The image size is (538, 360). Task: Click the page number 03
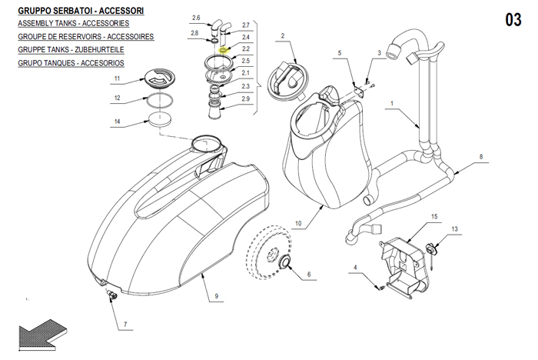pyautogui.click(x=513, y=20)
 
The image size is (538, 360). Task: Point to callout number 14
pyautogui.click(x=117, y=122)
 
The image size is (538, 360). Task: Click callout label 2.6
pyautogui.click(x=195, y=18)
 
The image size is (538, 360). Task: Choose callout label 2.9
pyautogui.click(x=245, y=99)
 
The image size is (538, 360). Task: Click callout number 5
pyautogui.click(x=338, y=52)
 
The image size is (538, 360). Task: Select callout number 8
pyautogui.click(x=481, y=158)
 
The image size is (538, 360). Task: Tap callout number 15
pyautogui.click(x=433, y=218)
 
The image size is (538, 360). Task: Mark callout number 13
pyautogui.click(x=454, y=230)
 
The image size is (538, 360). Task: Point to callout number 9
pyautogui.click(x=218, y=295)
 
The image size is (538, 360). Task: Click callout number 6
pyautogui.click(x=310, y=275)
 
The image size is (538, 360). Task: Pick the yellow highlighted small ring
pyautogui.click(x=224, y=51)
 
